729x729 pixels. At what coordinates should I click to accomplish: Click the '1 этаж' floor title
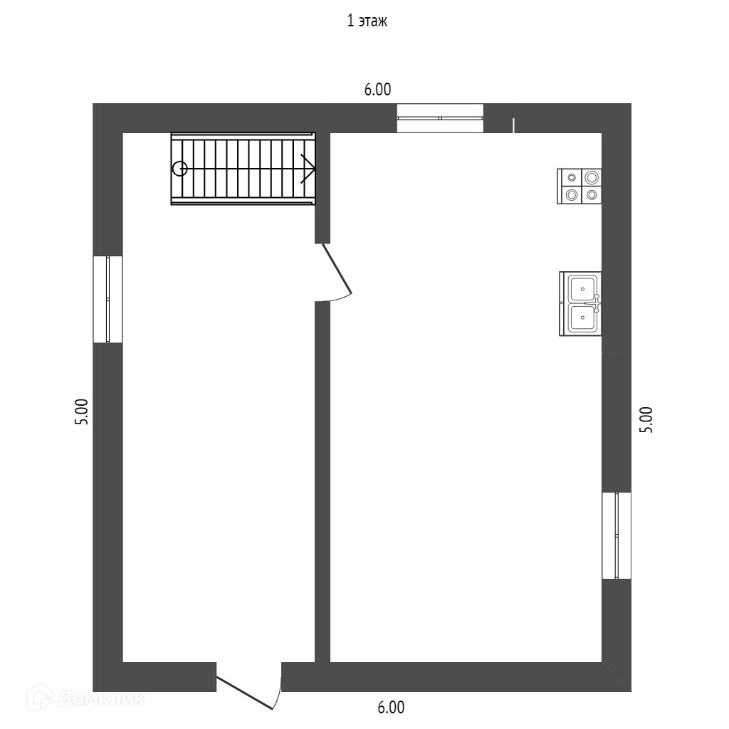click(367, 21)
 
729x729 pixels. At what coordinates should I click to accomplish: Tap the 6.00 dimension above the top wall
click(377, 90)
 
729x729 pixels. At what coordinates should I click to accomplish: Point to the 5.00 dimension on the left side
click(83, 411)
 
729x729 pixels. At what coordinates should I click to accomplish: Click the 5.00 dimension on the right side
click(646, 420)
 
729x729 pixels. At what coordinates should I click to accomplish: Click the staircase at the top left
click(243, 169)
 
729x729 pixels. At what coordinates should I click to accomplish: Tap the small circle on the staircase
click(179, 169)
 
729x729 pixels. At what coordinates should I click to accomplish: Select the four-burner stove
click(579, 186)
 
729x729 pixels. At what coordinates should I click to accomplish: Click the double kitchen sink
click(580, 304)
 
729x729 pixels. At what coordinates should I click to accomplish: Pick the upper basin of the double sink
click(582, 288)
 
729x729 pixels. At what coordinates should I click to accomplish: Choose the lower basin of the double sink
click(582, 319)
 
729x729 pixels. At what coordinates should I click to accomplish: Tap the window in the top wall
click(440, 118)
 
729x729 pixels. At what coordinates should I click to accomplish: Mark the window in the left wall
click(107, 299)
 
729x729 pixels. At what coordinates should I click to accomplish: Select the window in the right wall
click(617, 535)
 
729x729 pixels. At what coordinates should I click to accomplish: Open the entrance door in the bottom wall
click(249, 689)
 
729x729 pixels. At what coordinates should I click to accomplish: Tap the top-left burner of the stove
click(571, 177)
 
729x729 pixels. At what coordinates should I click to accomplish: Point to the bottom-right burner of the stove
click(591, 194)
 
